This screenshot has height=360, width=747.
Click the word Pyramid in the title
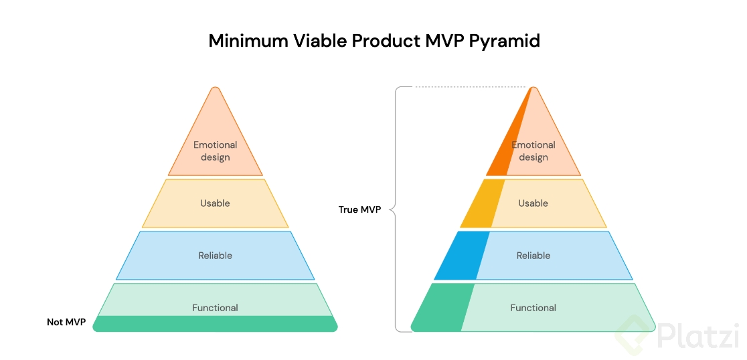(x=504, y=41)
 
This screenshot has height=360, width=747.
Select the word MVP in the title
(x=441, y=41)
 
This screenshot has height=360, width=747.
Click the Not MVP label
(x=66, y=323)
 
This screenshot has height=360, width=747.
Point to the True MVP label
(x=359, y=209)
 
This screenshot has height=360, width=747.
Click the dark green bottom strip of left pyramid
(x=215, y=324)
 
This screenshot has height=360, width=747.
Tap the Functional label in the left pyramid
(x=215, y=308)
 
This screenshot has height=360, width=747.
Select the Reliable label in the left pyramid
(x=216, y=256)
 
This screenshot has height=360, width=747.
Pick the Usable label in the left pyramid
(x=215, y=203)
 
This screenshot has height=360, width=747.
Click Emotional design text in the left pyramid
(x=216, y=151)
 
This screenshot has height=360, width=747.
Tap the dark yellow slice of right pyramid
(x=483, y=203)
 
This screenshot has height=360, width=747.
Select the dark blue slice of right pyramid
(x=462, y=256)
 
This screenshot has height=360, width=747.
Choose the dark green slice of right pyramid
(x=442, y=308)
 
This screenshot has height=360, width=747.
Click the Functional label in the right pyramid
(x=533, y=308)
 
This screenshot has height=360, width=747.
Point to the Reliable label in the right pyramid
(x=533, y=256)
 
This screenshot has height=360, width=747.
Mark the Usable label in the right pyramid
(x=533, y=203)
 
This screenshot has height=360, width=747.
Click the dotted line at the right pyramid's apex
(x=472, y=87)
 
